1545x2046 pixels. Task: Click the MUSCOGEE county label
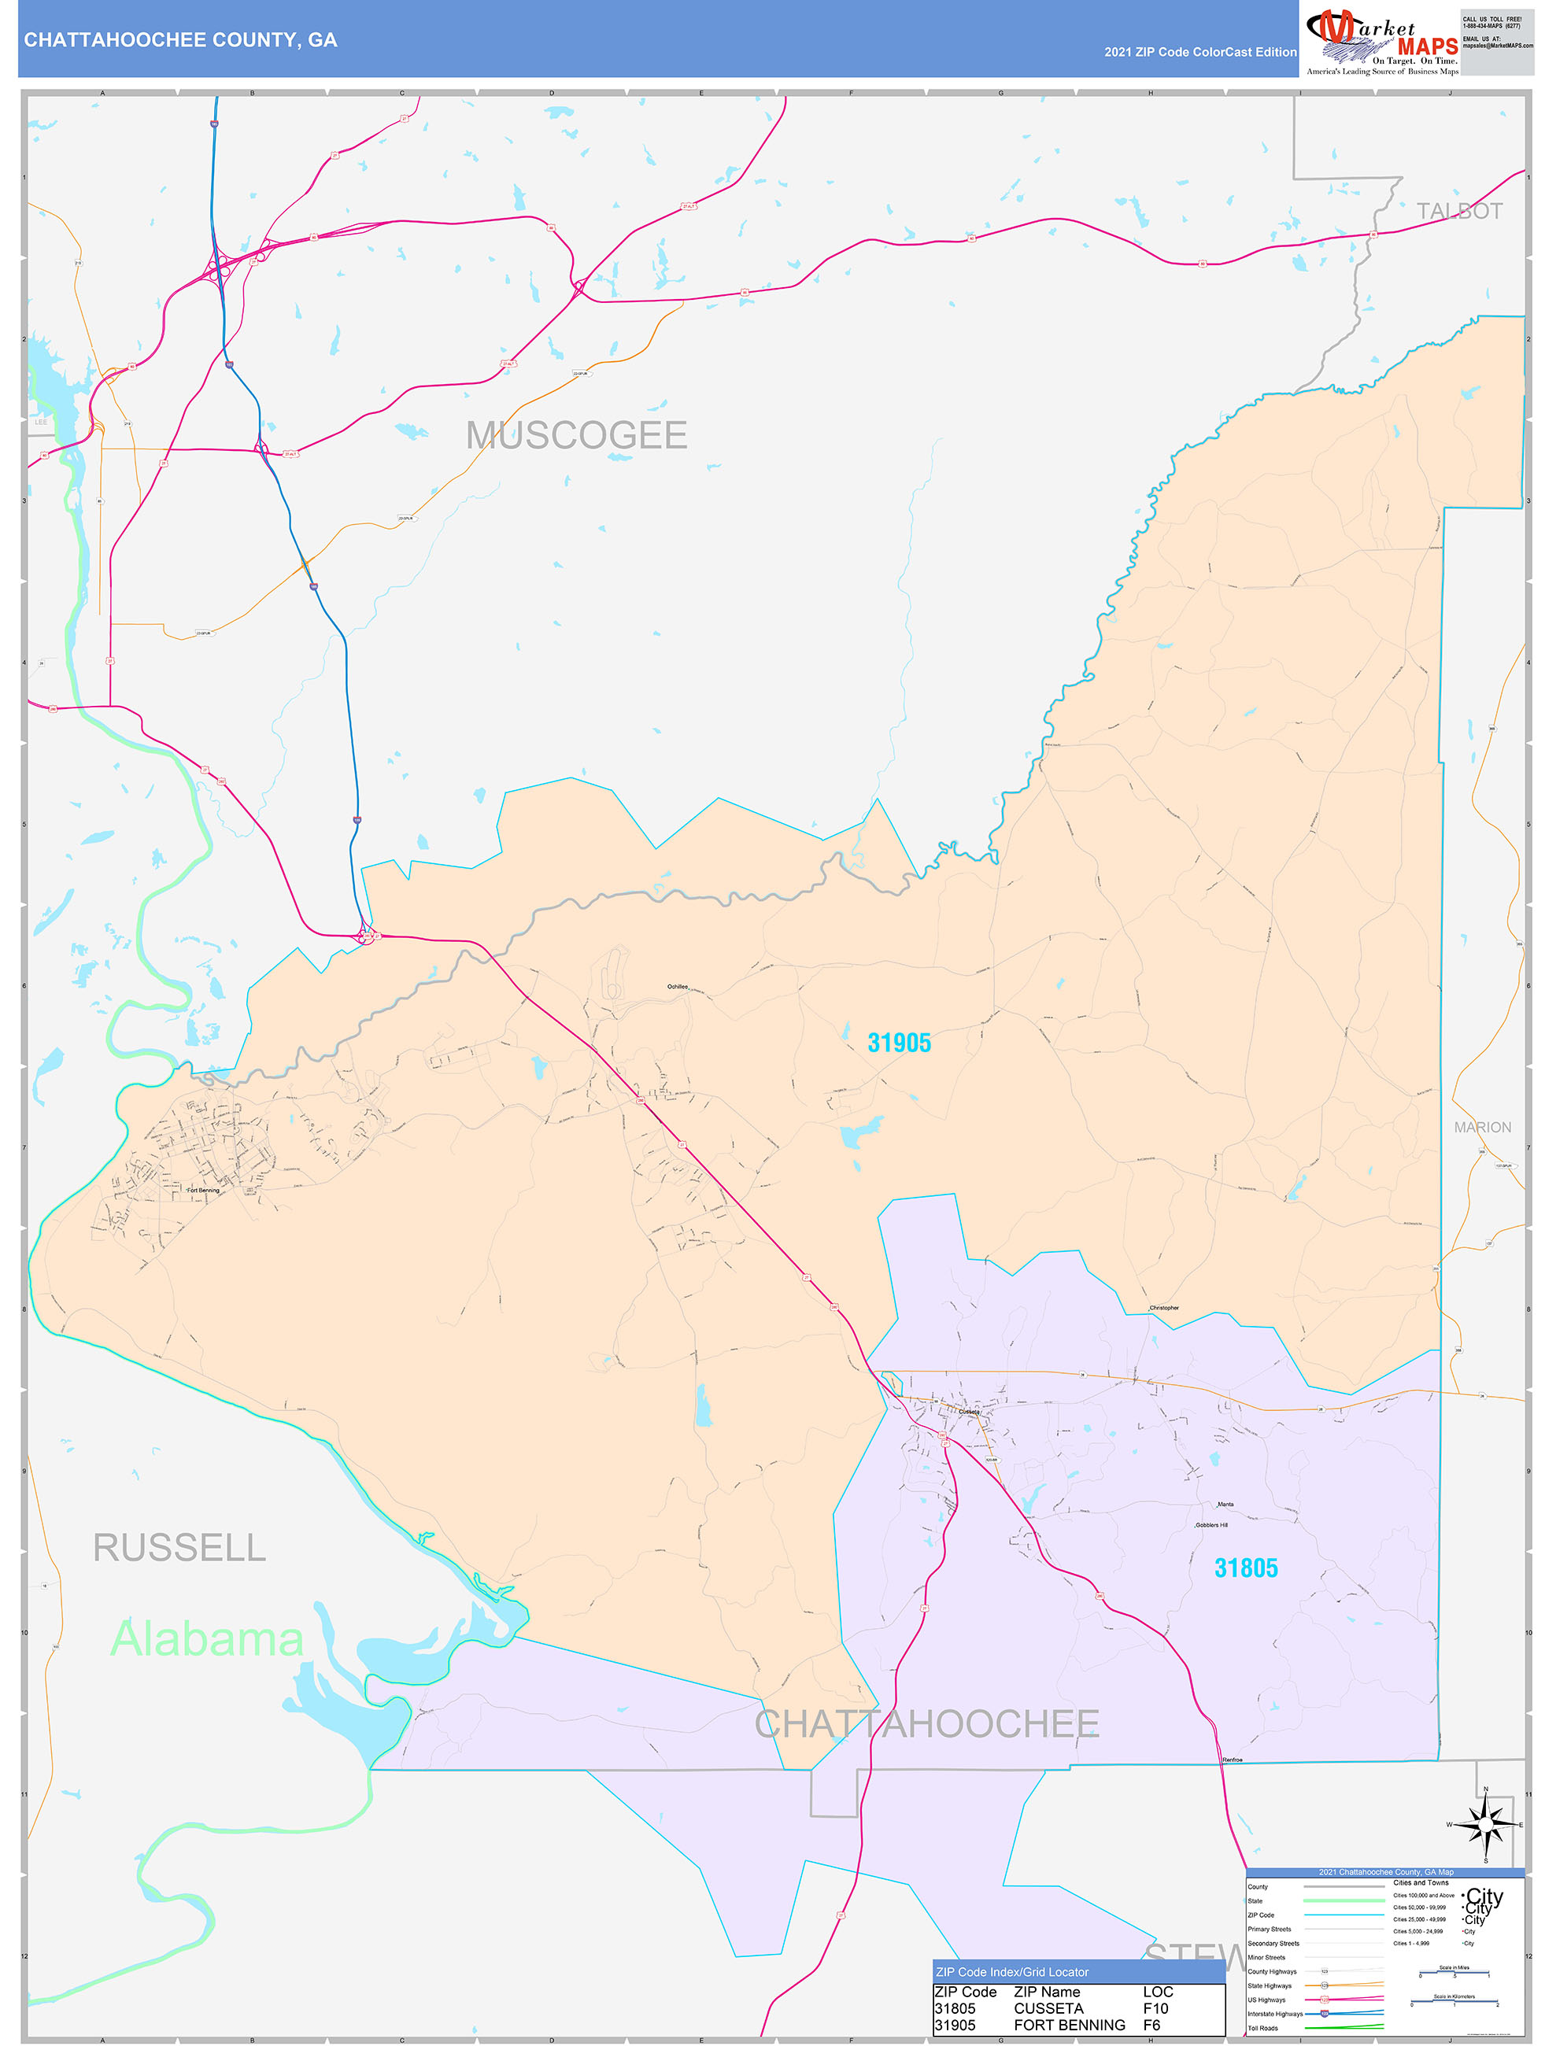pos(575,434)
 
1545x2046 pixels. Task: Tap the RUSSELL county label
pos(179,1547)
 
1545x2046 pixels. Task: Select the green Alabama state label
pos(206,1639)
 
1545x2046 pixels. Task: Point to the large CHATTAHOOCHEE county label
pos(926,1724)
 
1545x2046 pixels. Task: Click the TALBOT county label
pos(1459,211)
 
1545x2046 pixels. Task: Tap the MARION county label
pos(1482,1127)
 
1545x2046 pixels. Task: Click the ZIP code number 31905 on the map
pos(898,1043)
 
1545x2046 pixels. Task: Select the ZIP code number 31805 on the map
pos(1245,1568)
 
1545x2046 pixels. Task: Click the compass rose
pos(1485,1824)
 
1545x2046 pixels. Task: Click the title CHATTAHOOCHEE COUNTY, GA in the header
pos(180,40)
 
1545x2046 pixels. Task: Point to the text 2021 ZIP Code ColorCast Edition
pos(1200,52)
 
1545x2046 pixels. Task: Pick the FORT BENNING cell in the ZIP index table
pos(1069,2025)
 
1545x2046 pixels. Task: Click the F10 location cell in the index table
pos(1155,2008)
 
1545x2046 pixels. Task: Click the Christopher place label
pos(1164,1308)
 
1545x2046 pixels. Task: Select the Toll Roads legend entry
pos(1262,2027)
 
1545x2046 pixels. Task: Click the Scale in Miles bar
pos(1454,1974)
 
